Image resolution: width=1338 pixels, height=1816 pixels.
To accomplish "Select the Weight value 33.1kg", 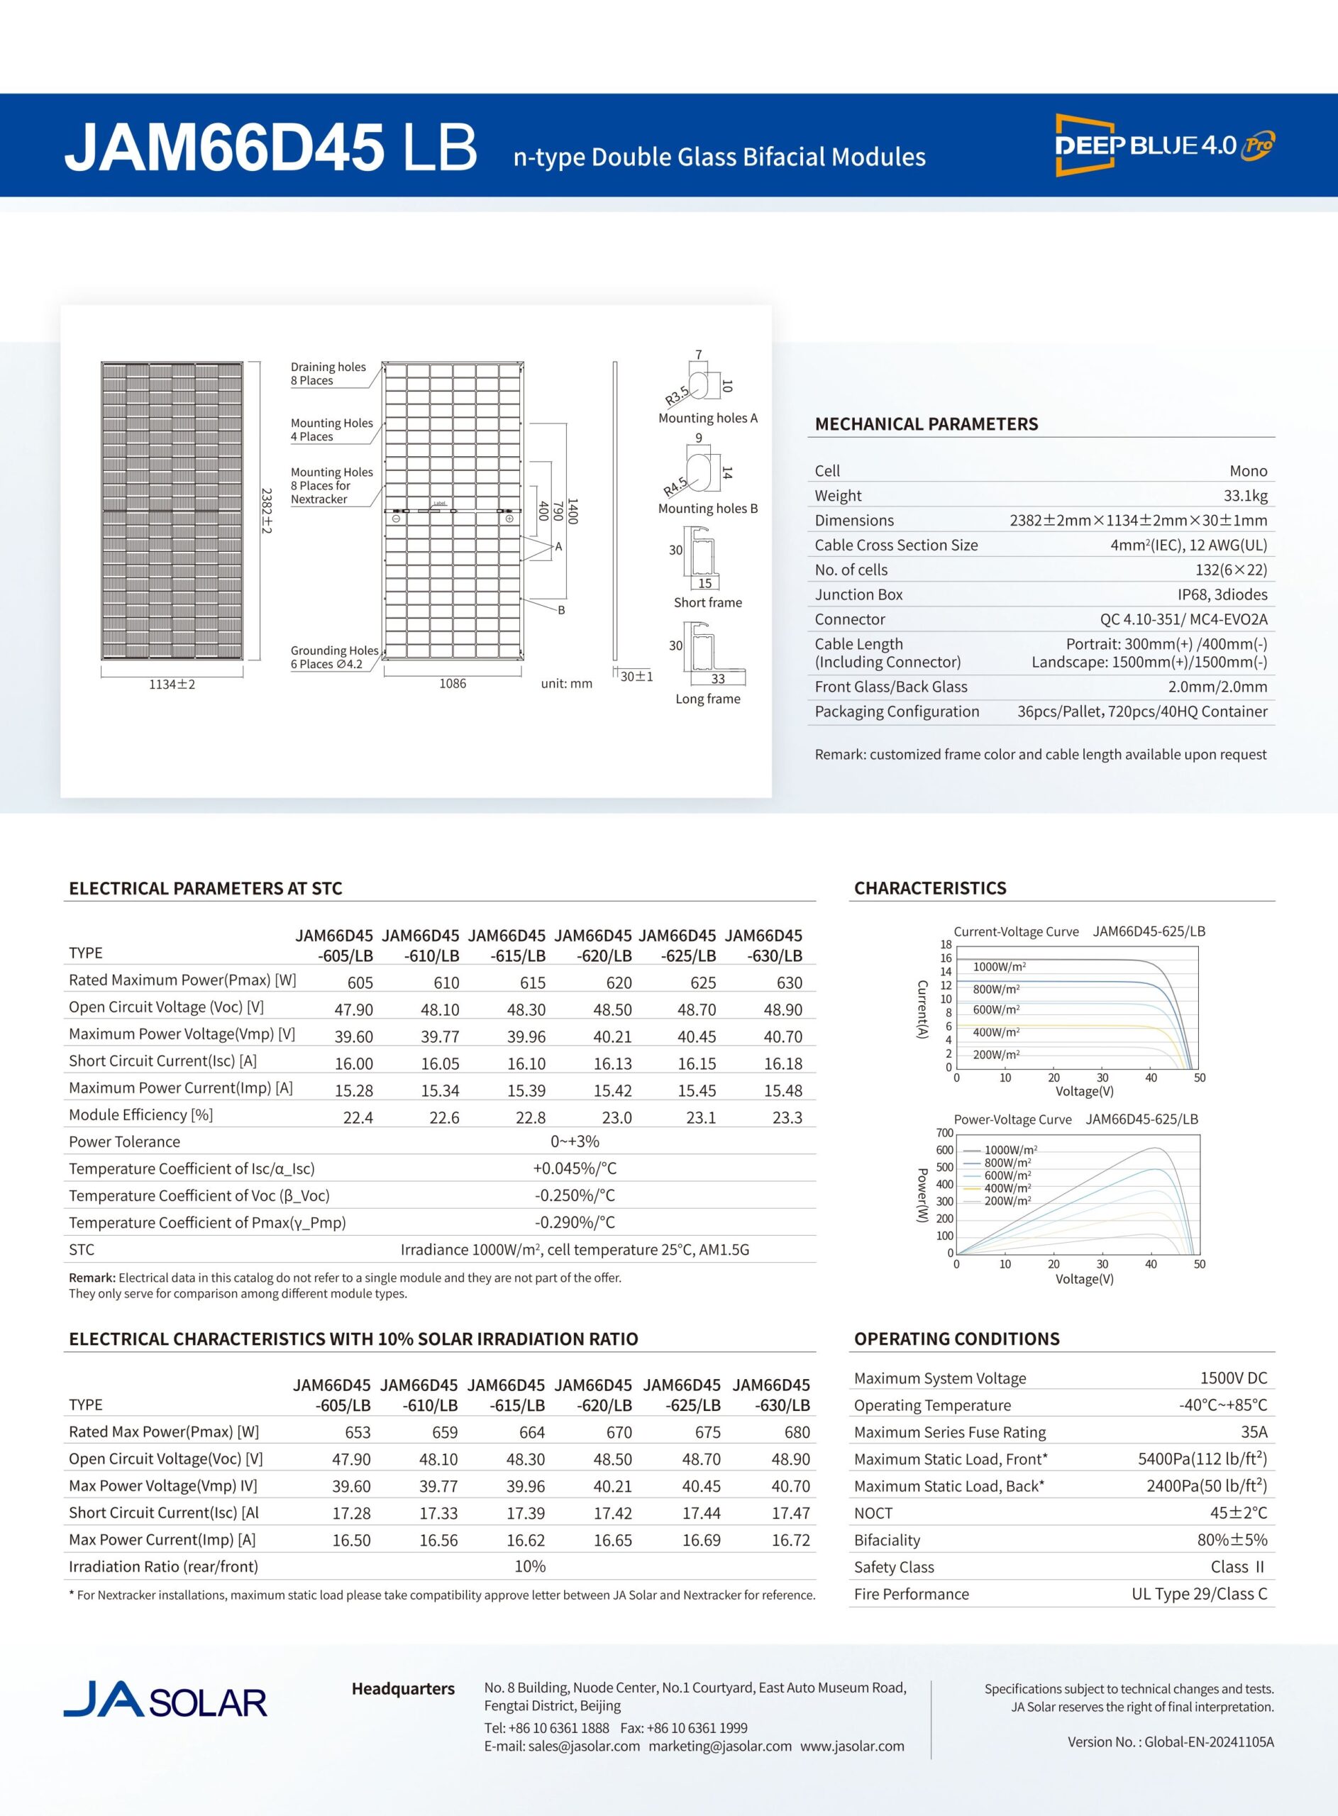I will pos(1246,495).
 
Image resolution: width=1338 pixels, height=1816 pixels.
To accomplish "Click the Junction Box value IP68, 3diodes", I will pos(1222,594).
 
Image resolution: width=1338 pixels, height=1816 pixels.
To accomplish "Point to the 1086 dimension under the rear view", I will pos(453,683).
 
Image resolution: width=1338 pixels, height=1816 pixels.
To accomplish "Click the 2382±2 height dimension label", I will pos(267,509).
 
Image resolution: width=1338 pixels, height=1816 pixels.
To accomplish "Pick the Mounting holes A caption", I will pos(708,418).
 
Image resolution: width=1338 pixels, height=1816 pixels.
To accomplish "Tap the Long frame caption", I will pos(708,699).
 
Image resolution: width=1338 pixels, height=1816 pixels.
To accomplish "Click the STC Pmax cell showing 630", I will pos(789,983).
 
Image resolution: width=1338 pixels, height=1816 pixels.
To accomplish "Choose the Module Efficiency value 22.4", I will pos(358,1117).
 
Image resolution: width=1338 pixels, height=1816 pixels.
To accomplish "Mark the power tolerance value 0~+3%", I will pos(575,1141).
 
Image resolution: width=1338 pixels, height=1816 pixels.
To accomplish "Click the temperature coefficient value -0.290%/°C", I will pos(575,1222).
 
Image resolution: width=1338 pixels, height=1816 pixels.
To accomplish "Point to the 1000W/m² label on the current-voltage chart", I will pos(1000,967).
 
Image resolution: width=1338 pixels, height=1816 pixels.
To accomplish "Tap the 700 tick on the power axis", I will pos(944,1133).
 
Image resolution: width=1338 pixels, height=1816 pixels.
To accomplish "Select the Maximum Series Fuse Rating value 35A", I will pos(1254,1432).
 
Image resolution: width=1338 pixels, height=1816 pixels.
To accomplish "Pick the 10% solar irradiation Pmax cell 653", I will pos(358,1432).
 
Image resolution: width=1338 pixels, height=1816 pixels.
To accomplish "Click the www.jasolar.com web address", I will pos(852,1746).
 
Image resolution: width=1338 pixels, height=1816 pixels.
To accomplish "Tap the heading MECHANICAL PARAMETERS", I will pos(926,424).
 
